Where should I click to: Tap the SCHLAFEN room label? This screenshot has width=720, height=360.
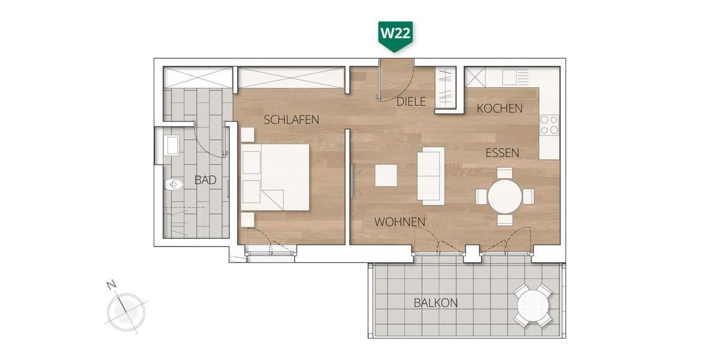pyautogui.click(x=292, y=120)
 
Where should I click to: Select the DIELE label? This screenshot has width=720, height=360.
pyautogui.click(x=411, y=102)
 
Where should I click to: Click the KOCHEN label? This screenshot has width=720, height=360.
pyautogui.click(x=500, y=109)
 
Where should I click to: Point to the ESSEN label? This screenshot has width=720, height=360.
pyautogui.click(x=502, y=153)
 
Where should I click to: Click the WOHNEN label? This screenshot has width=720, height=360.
pyautogui.click(x=400, y=222)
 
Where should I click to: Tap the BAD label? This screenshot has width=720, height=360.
pyautogui.click(x=205, y=179)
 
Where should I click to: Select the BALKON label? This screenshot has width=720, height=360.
pyautogui.click(x=436, y=303)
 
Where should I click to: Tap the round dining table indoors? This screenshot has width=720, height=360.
pyautogui.click(x=505, y=196)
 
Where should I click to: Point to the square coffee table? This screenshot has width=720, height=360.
pyautogui.click(x=386, y=175)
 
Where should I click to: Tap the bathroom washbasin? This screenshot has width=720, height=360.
pyautogui.click(x=172, y=144)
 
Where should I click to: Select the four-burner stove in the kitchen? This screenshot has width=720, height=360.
pyautogui.click(x=549, y=125)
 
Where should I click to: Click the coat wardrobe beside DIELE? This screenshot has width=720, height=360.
pyautogui.click(x=446, y=88)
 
